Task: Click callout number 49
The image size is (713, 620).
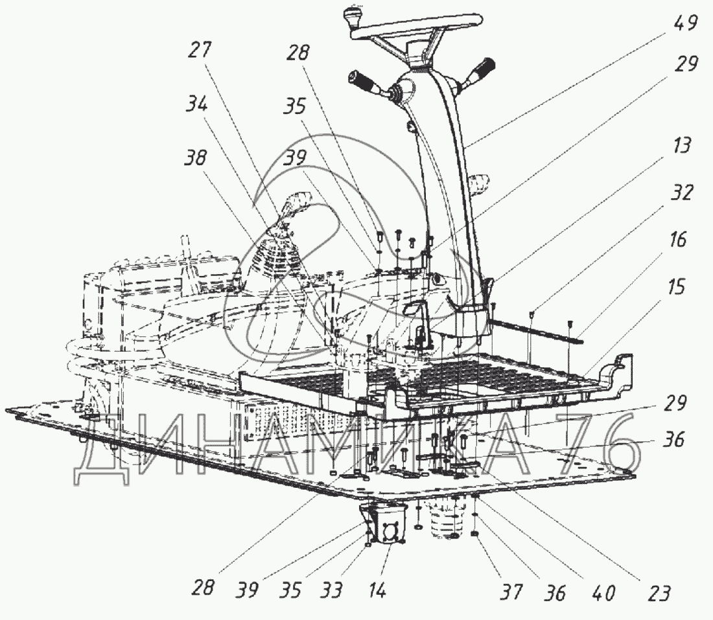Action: pyautogui.click(x=685, y=25)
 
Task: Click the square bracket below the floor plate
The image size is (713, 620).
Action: pyautogui.click(x=385, y=525)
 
